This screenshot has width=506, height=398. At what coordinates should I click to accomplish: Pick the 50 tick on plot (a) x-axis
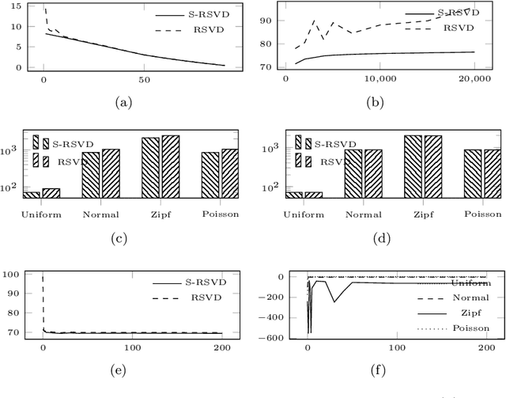[143, 79]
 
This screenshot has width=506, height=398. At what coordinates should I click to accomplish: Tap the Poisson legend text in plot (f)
[470, 328]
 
